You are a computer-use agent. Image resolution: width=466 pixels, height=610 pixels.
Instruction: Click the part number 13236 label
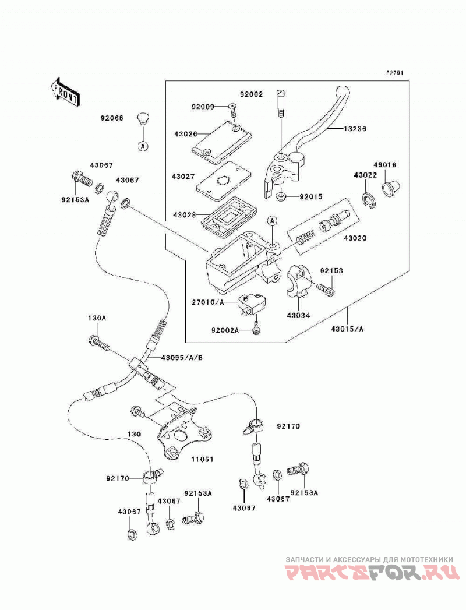[x=354, y=128]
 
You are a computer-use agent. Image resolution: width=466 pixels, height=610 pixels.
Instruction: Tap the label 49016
[x=385, y=165]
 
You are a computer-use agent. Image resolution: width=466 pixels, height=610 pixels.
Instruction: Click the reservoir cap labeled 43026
[x=222, y=143]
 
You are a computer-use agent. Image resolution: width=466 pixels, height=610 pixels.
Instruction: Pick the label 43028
[x=185, y=214]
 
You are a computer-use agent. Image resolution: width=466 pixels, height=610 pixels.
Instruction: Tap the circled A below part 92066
[x=143, y=147]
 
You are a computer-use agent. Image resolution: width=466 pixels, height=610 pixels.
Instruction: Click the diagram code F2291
[x=394, y=73]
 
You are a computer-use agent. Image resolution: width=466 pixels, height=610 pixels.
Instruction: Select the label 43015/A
[x=347, y=329]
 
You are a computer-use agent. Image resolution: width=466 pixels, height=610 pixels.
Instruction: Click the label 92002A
[x=225, y=330]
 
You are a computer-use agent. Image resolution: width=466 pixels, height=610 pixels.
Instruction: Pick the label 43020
[x=354, y=238]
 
